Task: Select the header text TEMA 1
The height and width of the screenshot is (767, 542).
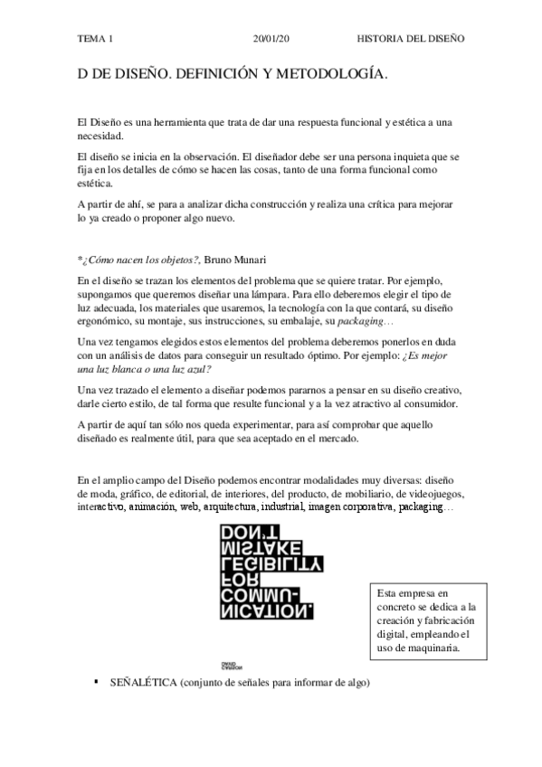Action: click(96, 41)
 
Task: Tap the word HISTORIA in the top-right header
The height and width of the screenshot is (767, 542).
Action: click(386, 41)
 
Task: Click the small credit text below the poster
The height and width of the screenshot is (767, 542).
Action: click(229, 666)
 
